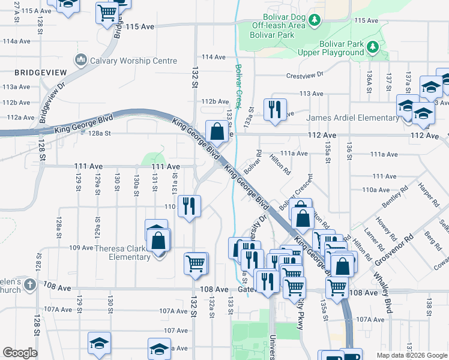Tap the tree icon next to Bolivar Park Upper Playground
click(372, 46)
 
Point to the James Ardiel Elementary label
click(350, 118)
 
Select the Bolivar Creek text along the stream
click(238, 86)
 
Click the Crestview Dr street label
click(305, 75)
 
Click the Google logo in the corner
click(20, 353)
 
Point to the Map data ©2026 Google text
click(411, 355)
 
